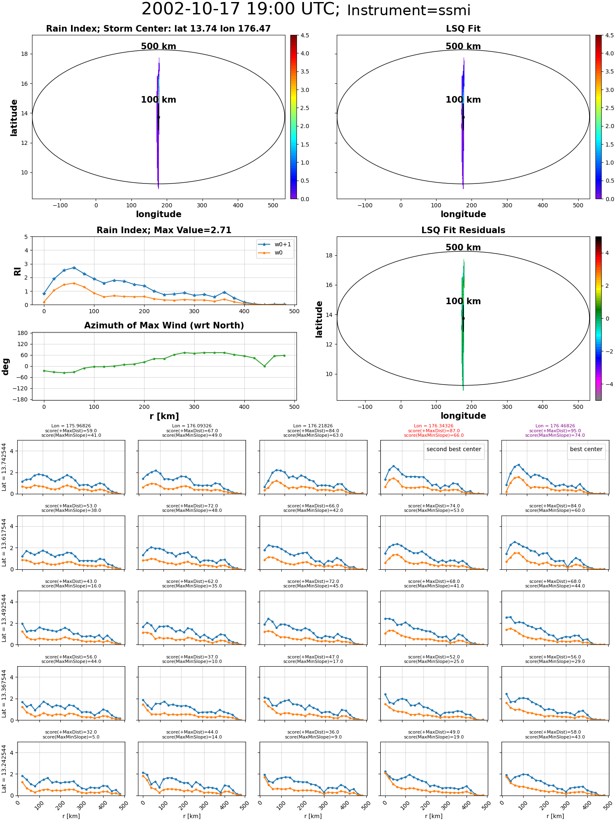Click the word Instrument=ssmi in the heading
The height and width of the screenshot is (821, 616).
point(409,11)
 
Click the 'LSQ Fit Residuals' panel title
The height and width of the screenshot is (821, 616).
point(463,230)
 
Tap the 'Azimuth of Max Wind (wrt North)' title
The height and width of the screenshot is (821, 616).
point(164,326)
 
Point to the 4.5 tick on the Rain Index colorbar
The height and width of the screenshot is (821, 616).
point(305,35)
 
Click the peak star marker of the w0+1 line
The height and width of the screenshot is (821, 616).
point(74,268)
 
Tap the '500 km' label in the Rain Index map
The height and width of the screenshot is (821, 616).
point(159,46)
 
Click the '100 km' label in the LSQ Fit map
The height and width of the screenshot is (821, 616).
point(463,100)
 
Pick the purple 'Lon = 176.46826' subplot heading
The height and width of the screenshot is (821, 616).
point(555,426)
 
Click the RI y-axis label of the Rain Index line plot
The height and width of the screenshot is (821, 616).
point(17,271)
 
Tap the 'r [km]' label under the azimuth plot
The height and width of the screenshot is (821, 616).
point(164,416)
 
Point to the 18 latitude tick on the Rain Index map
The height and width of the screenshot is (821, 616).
point(25,54)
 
